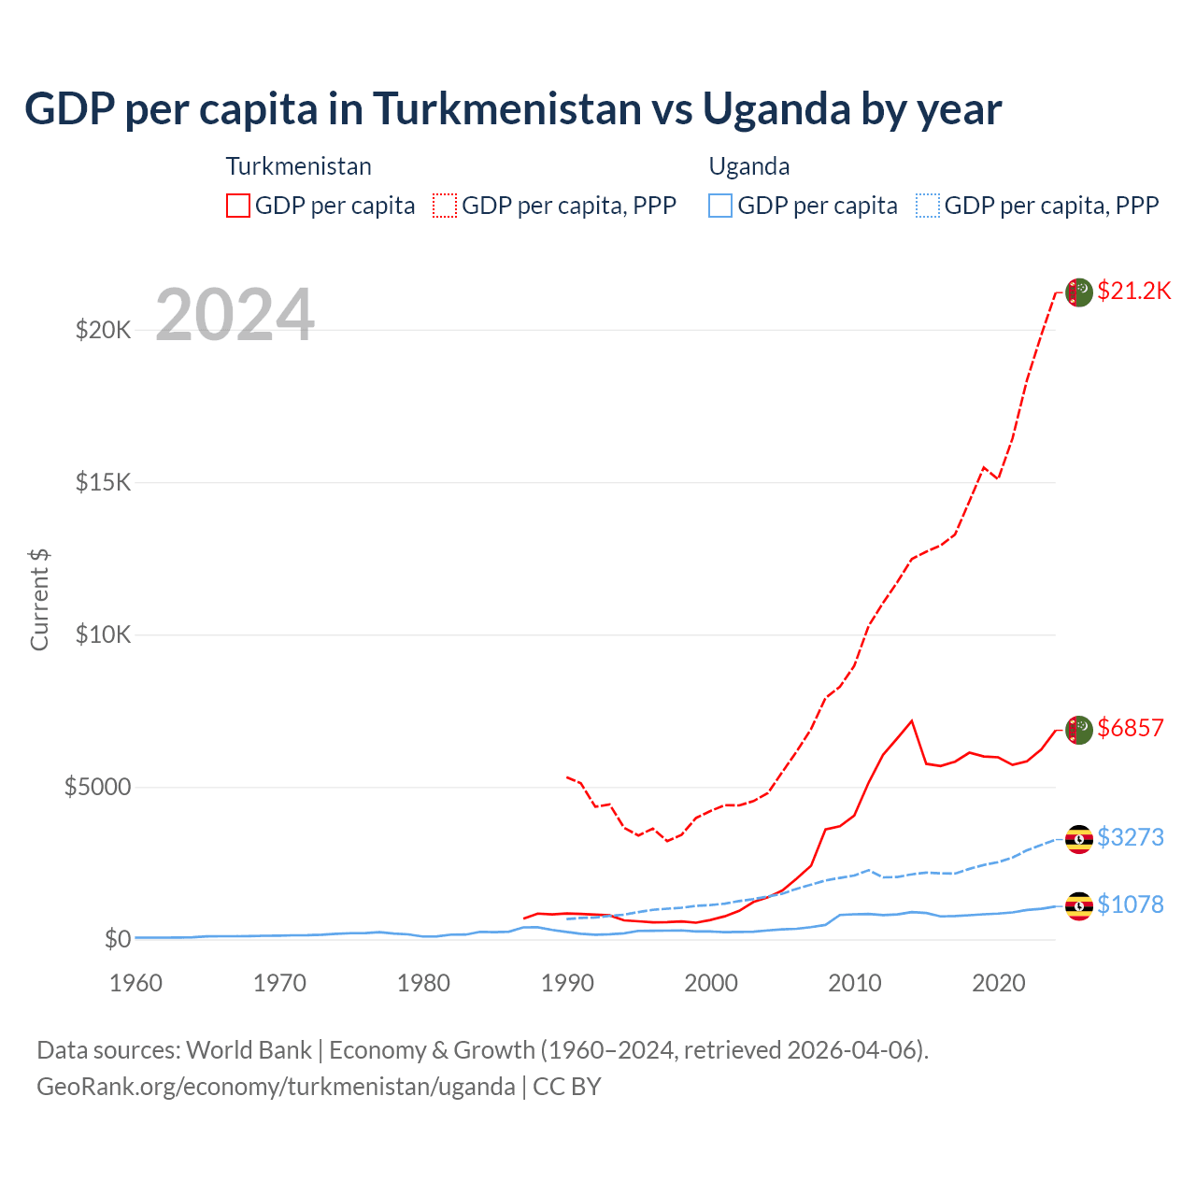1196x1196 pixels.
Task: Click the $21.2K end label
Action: (x=1133, y=291)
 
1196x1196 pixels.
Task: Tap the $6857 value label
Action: (x=1131, y=728)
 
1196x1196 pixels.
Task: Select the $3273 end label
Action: (x=1131, y=837)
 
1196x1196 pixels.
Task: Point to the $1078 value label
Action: (x=1131, y=904)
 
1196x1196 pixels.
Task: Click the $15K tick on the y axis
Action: (x=104, y=482)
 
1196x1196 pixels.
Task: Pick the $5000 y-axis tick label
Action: (x=97, y=787)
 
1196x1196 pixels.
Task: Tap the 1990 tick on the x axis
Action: (x=567, y=983)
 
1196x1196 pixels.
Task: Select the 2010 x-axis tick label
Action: (x=855, y=983)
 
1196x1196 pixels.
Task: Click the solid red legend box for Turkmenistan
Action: (x=238, y=206)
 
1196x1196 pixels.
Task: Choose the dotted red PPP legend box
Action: (x=445, y=206)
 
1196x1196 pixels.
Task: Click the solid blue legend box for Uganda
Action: (x=720, y=206)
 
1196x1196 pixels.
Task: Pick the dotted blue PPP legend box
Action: (x=928, y=206)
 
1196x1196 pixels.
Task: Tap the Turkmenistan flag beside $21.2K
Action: (x=1079, y=292)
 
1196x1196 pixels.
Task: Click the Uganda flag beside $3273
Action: (x=1079, y=839)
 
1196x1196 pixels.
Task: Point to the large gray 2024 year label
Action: (x=235, y=316)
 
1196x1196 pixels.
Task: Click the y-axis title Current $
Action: (x=39, y=600)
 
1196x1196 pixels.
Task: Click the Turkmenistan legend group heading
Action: (x=299, y=166)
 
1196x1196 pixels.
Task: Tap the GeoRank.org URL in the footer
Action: (x=276, y=1087)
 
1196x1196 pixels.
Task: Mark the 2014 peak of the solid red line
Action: (x=912, y=720)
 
